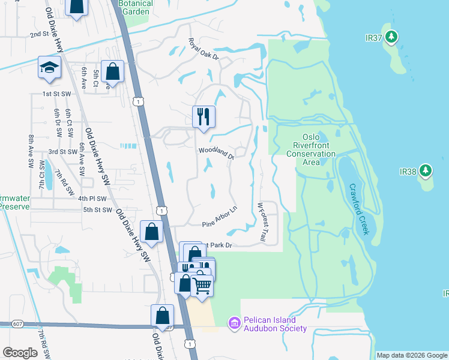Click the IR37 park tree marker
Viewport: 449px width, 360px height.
pos(391,38)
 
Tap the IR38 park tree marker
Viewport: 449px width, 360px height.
pos(426,170)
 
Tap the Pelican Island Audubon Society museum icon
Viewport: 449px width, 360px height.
pos(234,323)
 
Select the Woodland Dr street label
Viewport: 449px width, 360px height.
pos(216,154)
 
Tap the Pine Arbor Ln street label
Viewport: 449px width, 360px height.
pos(220,217)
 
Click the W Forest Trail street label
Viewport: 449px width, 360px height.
pos(262,222)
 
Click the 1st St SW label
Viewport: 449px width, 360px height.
pos(56,94)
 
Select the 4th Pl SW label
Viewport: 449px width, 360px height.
pos(91,199)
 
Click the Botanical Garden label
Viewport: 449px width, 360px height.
pos(136,7)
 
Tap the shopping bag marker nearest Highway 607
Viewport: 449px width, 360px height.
pos(162,314)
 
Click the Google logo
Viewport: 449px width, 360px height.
pos(20,352)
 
